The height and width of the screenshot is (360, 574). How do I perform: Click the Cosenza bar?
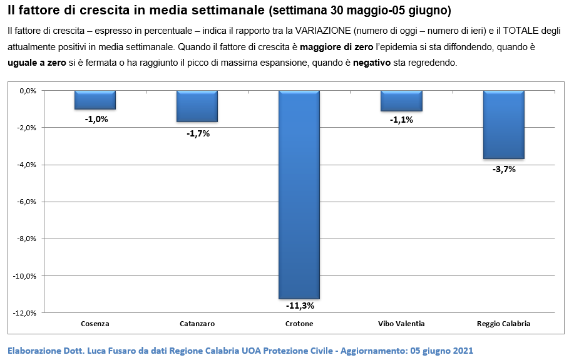[x=95, y=100]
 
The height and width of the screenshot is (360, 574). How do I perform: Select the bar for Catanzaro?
[x=197, y=106]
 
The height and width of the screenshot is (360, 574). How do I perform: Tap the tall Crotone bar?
[x=299, y=195]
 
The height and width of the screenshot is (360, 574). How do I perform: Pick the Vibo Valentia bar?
[x=402, y=101]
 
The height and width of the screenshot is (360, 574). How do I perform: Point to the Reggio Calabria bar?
[x=504, y=125]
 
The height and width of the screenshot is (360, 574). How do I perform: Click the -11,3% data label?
[x=300, y=306]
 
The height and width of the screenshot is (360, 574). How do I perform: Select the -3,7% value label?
[x=504, y=169]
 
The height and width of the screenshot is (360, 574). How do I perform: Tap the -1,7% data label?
[x=198, y=134]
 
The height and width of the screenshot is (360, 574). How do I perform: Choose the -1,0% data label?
[x=96, y=119]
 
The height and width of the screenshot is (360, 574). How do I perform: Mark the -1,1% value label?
[x=401, y=120]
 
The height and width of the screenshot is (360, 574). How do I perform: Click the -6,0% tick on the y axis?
[x=27, y=202]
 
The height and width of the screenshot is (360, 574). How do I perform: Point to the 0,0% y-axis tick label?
[x=28, y=91]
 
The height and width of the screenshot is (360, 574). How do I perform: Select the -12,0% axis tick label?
[x=25, y=313]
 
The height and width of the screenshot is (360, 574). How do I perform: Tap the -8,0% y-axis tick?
[x=27, y=239]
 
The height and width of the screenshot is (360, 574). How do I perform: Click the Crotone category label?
[x=299, y=324]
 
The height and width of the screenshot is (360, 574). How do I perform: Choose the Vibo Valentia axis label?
[x=401, y=324]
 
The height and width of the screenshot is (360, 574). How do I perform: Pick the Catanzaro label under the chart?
[x=197, y=324]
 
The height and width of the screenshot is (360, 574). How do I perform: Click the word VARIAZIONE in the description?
[x=323, y=31]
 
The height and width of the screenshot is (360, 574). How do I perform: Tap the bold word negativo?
[x=372, y=63]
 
